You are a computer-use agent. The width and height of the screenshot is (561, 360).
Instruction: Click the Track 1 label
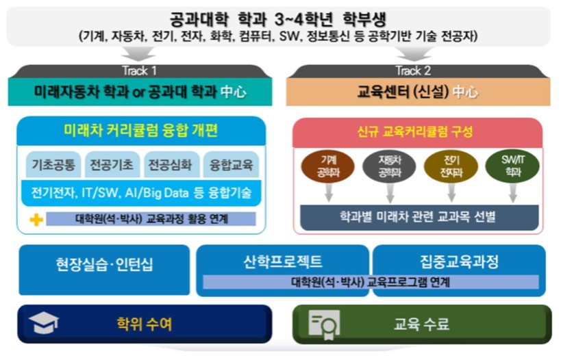click(140, 70)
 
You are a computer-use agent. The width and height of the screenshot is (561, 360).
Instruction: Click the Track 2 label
click(413, 70)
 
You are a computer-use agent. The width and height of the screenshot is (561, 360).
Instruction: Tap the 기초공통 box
click(53, 165)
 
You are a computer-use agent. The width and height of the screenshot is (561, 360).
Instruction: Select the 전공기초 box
click(112, 165)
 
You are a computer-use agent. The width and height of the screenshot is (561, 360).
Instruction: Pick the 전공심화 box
click(171, 165)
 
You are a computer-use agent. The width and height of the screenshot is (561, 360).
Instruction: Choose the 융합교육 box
click(231, 165)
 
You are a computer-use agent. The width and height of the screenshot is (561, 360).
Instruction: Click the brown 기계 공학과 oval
click(328, 166)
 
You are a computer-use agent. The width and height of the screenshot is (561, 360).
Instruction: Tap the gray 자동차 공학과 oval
click(390, 166)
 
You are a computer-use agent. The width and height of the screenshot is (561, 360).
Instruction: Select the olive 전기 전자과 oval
click(451, 166)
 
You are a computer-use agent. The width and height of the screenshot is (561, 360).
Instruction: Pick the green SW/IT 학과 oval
click(512, 166)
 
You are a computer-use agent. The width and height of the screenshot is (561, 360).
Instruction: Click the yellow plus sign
click(36, 220)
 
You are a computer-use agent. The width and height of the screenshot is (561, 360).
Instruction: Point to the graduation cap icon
click(43, 323)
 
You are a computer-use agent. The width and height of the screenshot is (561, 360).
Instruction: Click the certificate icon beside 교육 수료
click(324, 324)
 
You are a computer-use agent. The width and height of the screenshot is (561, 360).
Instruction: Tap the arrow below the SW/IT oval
click(512, 193)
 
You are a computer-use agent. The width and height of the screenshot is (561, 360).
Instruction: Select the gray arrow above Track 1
click(138, 53)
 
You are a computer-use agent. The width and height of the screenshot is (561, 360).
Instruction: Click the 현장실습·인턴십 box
click(104, 270)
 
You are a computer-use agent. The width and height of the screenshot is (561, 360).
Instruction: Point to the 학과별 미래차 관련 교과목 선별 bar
click(419, 218)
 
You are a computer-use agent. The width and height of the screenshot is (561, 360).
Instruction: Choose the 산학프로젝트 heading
click(283, 261)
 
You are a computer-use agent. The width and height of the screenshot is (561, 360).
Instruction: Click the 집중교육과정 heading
click(460, 261)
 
